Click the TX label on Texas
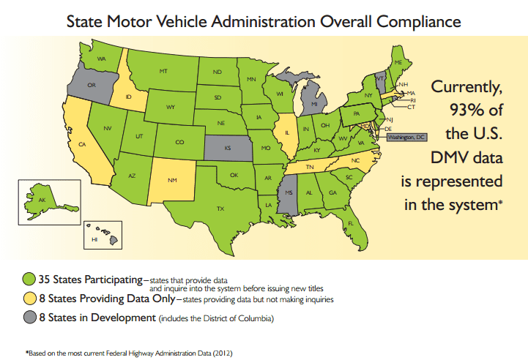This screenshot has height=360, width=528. coord(220,209)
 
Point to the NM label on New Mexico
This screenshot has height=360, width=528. coord(172,180)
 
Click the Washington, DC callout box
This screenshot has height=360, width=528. coord(405,137)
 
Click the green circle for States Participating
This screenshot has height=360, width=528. coord(29,279)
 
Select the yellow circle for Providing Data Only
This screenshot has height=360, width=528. coord(29,299)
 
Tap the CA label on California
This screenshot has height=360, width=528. coord(83,144)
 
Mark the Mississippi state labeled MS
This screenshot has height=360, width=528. coord(289,193)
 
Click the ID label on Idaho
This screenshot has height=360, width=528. coord(129,96)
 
